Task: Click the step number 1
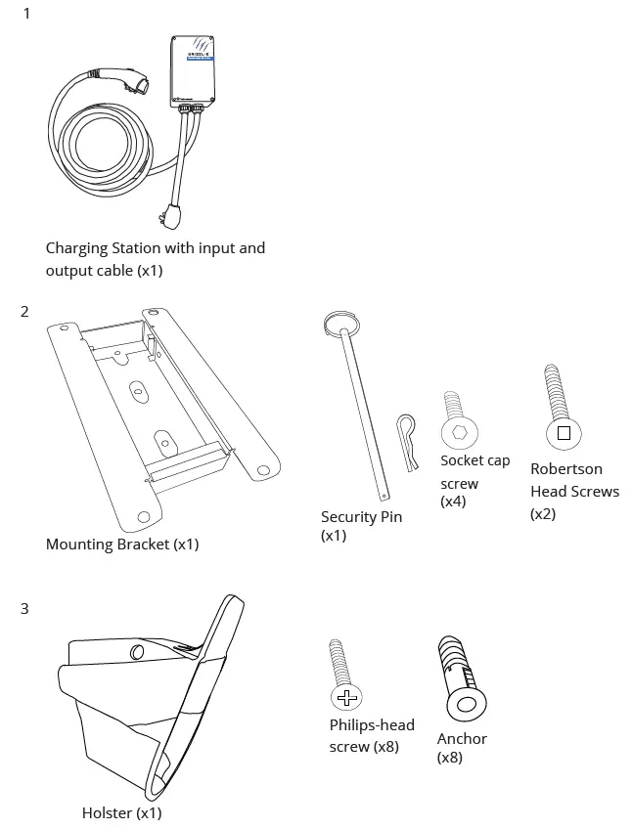pyautogui.click(x=26, y=14)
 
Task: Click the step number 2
pyautogui.click(x=25, y=312)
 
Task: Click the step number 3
pyautogui.click(x=25, y=609)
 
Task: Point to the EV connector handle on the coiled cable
pyautogui.click(x=127, y=80)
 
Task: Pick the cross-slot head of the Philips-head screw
pyautogui.click(x=345, y=697)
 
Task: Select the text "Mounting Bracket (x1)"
pyautogui.click(x=121, y=544)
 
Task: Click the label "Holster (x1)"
pyautogui.click(x=121, y=812)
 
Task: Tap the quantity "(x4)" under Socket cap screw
pyautogui.click(x=453, y=502)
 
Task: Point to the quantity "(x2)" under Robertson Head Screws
pyautogui.click(x=543, y=513)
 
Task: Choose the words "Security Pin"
pyautogui.click(x=361, y=516)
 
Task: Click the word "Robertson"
pyautogui.click(x=566, y=469)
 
